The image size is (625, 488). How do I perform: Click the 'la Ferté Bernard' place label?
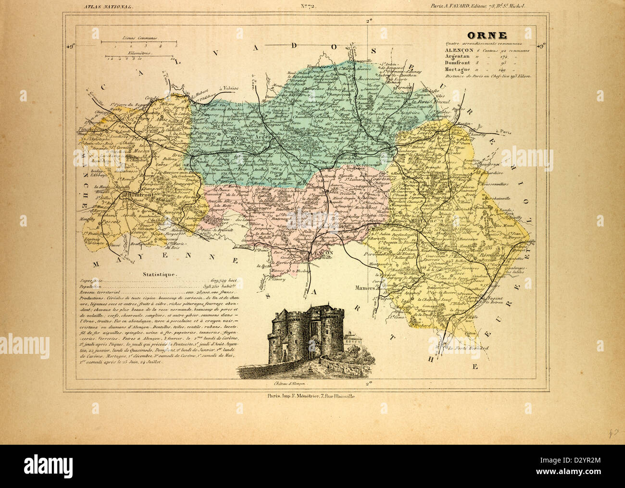tap(465, 348)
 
